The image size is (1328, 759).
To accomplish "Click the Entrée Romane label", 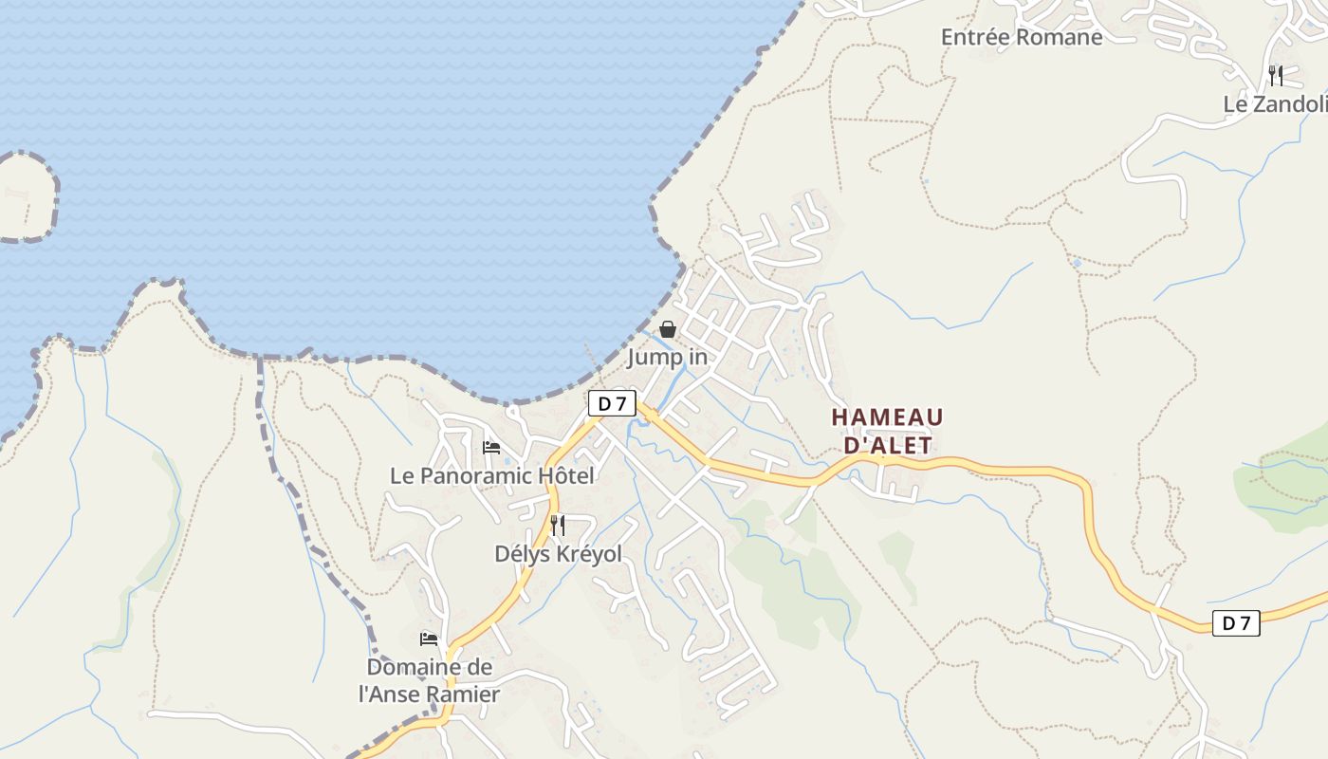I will pos(1022,37).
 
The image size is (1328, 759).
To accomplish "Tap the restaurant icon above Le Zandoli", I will pos(1276,76).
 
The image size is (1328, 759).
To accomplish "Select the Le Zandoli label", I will pos(1274,104).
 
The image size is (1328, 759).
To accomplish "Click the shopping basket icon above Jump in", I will pos(668,329).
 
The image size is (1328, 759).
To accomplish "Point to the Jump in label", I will pos(668,358).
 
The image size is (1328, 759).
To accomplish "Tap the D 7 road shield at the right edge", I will pos(1236,623).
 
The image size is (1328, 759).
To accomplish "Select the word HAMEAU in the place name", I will pos(887,417).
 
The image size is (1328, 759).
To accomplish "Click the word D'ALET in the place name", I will pos(887,445).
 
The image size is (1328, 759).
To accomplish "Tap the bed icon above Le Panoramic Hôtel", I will pos(491,447).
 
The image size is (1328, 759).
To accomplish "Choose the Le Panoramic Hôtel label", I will pos(492,475).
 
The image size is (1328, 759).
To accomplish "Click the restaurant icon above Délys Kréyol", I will pos(558,525).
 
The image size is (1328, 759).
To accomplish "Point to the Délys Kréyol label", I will pos(558,553).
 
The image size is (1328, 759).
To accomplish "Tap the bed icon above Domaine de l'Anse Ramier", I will pos(429,639).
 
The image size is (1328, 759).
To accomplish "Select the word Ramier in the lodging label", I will pos(462,694).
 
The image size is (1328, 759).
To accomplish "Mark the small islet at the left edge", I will pos(24,197).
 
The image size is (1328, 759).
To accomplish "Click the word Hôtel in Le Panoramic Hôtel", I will pos(565,475).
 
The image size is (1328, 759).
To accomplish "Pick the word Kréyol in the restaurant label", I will pos(586,553).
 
